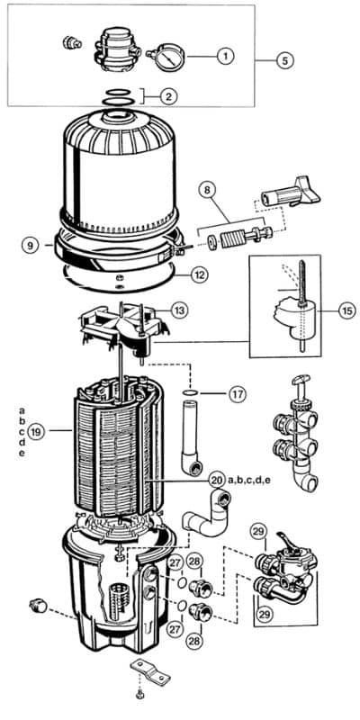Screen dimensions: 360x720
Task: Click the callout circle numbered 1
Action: coord(226,57)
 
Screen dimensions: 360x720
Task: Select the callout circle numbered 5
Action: coord(285,60)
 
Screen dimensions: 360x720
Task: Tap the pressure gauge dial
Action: coord(169,58)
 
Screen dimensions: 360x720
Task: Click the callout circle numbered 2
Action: coord(168,96)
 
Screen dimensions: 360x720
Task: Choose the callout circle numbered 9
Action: coord(31,245)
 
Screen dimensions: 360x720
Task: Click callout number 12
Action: coord(199,275)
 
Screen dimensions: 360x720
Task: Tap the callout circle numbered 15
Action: coord(346,310)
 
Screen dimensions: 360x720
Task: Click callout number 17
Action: coord(238,394)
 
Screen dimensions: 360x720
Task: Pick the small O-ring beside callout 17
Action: coord(190,392)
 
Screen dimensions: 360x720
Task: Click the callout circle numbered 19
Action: coord(36,432)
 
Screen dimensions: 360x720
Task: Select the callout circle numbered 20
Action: coord(216,481)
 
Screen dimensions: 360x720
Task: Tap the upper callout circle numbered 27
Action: coord(176,563)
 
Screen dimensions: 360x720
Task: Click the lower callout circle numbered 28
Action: coord(194,641)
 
